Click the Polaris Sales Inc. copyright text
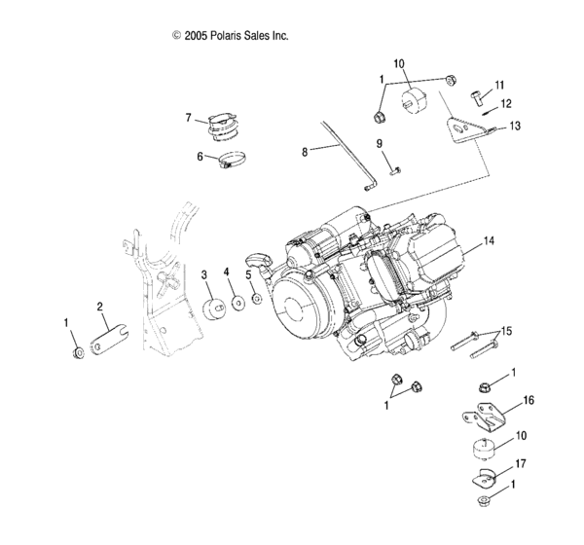pyautogui.click(x=231, y=36)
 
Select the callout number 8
pyautogui.click(x=304, y=152)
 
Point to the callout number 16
pyautogui.click(x=529, y=399)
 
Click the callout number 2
pyautogui.click(x=99, y=306)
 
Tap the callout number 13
pyautogui.click(x=515, y=127)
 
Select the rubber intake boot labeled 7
pyautogui.click(x=224, y=129)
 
